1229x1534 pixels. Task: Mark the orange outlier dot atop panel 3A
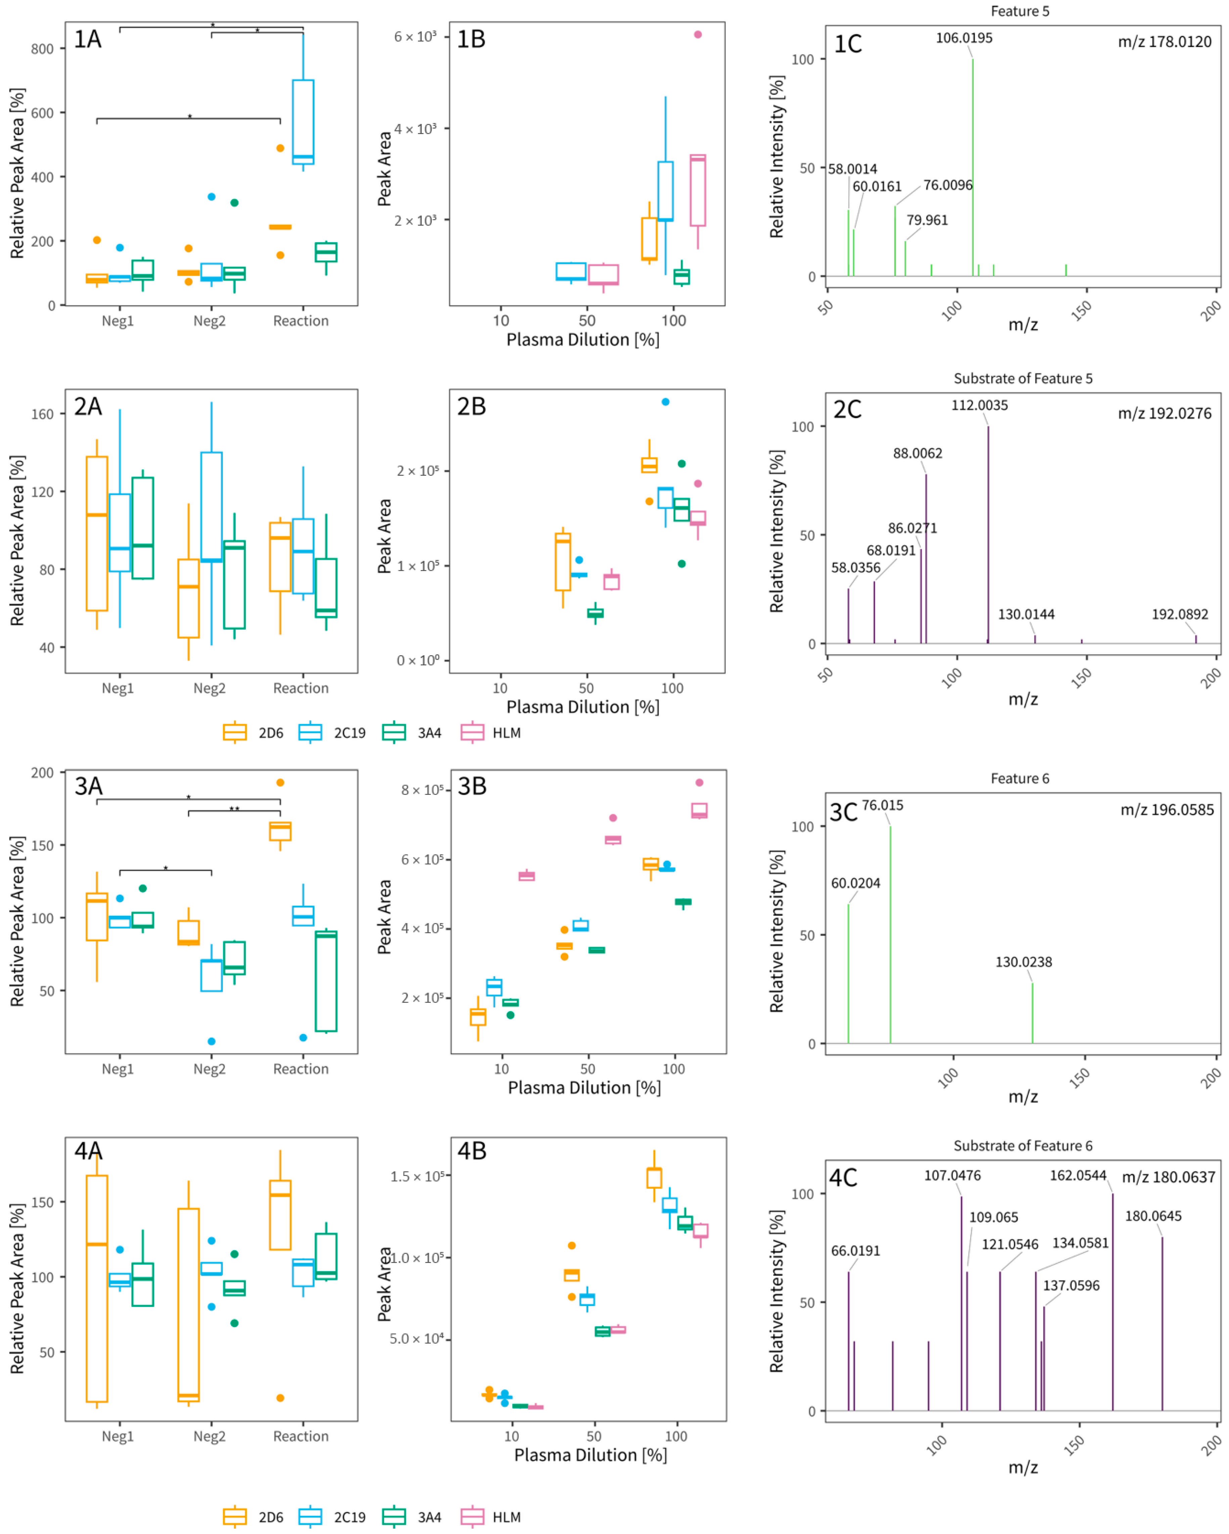280,783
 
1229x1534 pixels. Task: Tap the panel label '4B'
472,1150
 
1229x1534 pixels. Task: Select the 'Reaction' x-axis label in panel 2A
301,688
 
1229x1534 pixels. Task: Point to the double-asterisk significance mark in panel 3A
234,809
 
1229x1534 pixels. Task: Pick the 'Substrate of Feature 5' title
1022,378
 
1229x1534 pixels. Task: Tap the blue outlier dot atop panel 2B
666,402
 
